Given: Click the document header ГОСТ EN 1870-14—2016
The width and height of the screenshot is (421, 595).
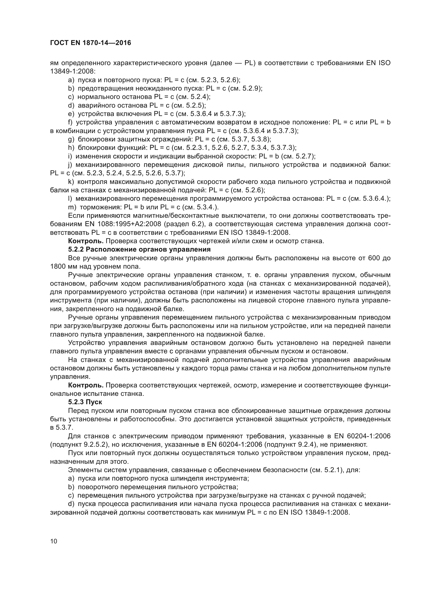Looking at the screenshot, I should [90, 43].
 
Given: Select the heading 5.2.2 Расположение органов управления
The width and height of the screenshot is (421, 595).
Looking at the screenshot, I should [139, 250].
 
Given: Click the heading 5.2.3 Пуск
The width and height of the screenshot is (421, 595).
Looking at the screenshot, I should [85, 402].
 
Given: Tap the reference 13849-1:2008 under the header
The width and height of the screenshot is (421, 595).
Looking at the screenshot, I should [73, 71].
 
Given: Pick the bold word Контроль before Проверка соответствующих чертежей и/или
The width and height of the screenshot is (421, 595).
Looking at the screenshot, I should [86, 241].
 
